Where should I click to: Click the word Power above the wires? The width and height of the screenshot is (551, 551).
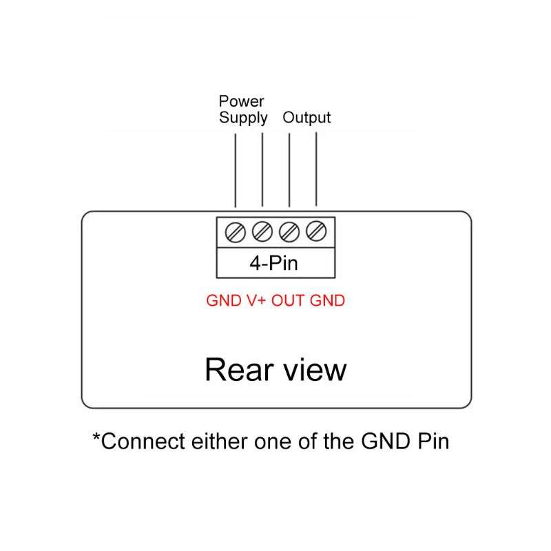[241, 101]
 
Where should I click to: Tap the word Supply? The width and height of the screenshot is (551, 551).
[243, 118]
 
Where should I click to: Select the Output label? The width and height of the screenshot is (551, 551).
[306, 118]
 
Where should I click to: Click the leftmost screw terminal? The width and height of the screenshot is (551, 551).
[235, 232]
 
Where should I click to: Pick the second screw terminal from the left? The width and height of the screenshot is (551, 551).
[262, 231]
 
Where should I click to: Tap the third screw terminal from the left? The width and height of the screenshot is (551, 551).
[289, 232]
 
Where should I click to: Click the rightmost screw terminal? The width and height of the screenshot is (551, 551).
[316, 231]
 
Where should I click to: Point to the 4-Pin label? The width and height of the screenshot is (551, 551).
[273, 263]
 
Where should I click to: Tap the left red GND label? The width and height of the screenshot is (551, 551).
[224, 301]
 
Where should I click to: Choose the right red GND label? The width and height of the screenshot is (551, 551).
[328, 301]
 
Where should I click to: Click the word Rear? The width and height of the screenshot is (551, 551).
[239, 370]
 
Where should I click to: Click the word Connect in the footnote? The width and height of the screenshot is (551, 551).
[143, 441]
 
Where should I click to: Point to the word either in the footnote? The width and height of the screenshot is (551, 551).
[220, 441]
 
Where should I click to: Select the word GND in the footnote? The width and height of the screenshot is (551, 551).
[386, 441]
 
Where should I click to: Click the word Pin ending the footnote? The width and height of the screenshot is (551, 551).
[433, 441]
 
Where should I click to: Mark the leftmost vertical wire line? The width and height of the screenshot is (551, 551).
[236, 170]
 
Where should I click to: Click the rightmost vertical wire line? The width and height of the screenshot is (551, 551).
[316, 169]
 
